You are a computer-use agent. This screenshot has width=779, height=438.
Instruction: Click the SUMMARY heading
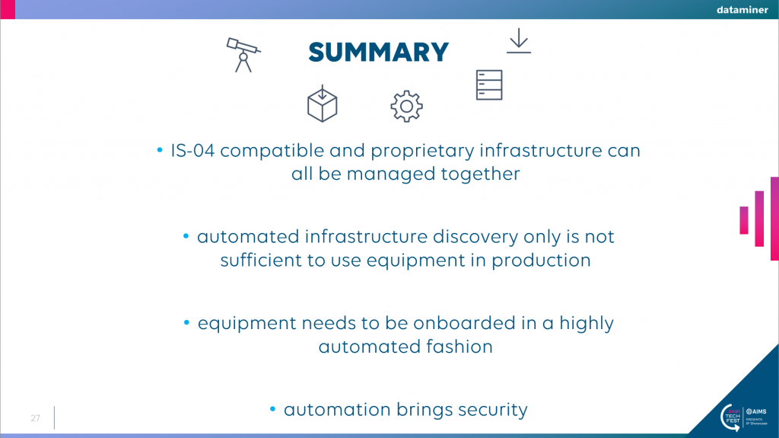[x=378, y=53]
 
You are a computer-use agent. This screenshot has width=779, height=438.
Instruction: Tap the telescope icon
[x=243, y=55]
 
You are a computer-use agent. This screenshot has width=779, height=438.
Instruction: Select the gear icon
[x=406, y=106]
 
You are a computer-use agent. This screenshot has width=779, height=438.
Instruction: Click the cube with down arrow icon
[x=322, y=104]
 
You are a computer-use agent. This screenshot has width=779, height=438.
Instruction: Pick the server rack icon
[x=489, y=85]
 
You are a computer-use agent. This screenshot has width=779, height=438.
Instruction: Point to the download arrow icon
[x=519, y=40]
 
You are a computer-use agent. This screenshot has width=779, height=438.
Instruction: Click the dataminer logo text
[x=742, y=9]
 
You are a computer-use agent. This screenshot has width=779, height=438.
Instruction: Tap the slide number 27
[x=35, y=418]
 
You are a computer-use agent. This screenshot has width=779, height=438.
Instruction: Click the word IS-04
[x=192, y=150]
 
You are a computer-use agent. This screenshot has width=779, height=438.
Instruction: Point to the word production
[x=541, y=261]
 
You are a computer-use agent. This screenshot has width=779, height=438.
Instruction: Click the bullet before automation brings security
[x=273, y=409]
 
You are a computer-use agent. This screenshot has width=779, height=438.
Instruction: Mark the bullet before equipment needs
[x=187, y=322]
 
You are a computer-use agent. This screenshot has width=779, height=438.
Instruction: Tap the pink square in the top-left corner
[x=8, y=9]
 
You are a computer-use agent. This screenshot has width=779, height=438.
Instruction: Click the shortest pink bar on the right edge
[x=744, y=220]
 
